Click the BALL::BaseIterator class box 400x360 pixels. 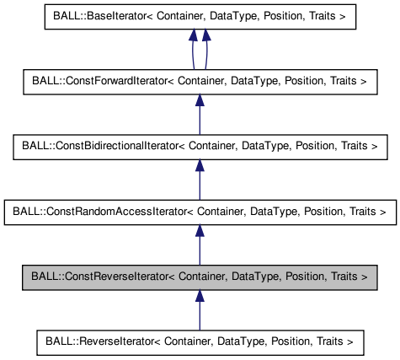coord(200,15)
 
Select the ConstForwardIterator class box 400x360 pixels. coord(200,81)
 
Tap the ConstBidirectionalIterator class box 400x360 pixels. coord(200,146)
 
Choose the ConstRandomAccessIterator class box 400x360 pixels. coord(200,211)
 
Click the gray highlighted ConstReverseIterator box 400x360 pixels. coord(200,276)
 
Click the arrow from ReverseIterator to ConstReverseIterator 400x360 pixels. coord(200,312)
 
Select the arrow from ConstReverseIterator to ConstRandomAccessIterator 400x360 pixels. coord(200,247)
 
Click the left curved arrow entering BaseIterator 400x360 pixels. coord(192,51)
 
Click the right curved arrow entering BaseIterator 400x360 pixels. coord(207,51)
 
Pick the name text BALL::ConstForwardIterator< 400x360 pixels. coord(98,81)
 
